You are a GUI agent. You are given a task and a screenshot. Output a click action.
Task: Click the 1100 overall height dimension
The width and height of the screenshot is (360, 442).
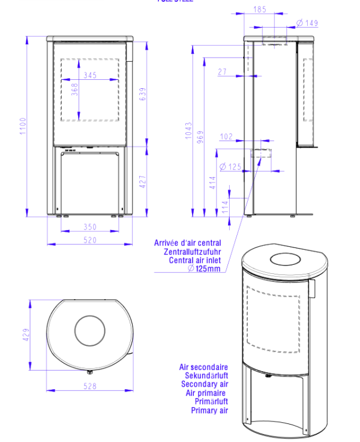pyautogui.click(x=22, y=126)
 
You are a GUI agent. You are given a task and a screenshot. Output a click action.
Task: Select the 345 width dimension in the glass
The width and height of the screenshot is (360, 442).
pyautogui.click(x=90, y=75)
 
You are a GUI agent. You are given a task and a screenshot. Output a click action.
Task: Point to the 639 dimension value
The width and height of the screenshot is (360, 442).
pyautogui.click(x=143, y=94)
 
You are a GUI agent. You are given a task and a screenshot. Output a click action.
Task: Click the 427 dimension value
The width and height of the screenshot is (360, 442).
pyautogui.click(x=143, y=182)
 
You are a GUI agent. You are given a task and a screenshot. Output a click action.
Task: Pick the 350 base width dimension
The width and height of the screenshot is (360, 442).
pyautogui.click(x=90, y=228)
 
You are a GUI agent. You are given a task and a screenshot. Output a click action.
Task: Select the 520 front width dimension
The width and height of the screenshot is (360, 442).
pyautogui.click(x=90, y=240)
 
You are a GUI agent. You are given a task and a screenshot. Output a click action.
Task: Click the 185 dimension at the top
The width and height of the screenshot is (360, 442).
pyautogui.click(x=259, y=10)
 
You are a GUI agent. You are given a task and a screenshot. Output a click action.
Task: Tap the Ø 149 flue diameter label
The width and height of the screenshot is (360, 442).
pyautogui.click(x=307, y=23)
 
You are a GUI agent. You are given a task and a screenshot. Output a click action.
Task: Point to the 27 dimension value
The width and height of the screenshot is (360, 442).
pyautogui.click(x=223, y=72)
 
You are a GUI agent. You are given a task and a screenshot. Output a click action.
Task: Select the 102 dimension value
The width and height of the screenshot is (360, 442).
pyautogui.click(x=226, y=137)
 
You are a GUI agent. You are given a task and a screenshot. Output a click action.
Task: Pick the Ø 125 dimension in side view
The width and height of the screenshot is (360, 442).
pyautogui.click(x=230, y=166)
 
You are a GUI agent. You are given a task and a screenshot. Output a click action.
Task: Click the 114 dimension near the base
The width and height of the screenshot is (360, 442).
pyautogui.click(x=224, y=206)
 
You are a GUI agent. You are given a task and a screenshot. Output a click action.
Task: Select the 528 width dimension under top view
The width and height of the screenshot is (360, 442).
pyautogui.click(x=90, y=387)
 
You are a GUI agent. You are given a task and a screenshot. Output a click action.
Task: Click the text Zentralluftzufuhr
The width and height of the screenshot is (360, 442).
pyautogui.click(x=191, y=252)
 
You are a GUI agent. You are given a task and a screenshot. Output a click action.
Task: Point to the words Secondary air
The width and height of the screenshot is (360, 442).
pyautogui.click(x=205, y=383)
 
